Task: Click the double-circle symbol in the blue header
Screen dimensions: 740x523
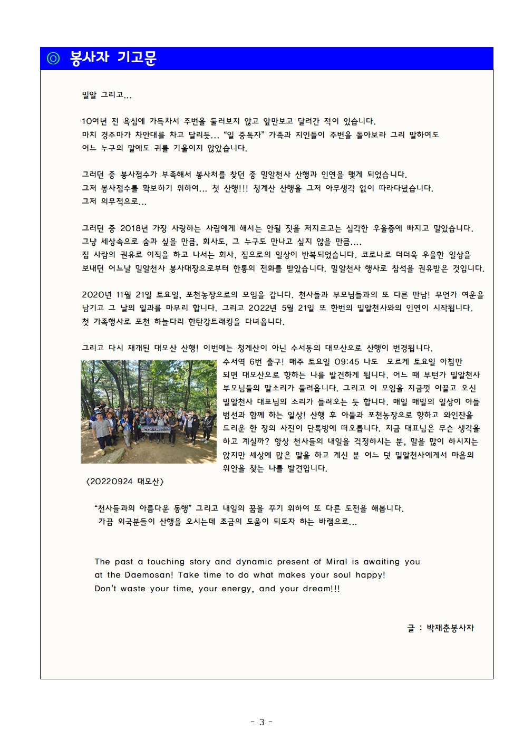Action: point(53,58)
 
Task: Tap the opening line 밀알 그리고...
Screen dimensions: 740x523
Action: point(106,95)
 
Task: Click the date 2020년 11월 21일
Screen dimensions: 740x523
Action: point(117,295)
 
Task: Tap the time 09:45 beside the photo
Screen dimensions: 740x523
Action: point(347,362)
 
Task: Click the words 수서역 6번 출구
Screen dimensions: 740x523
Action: point(253,362)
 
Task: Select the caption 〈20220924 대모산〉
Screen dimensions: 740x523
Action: point(125,482)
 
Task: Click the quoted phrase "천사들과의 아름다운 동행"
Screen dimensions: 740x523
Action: point(142,508)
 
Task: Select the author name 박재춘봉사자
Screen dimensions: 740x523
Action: point(450,628)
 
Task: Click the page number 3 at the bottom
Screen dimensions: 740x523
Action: point(261,722)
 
